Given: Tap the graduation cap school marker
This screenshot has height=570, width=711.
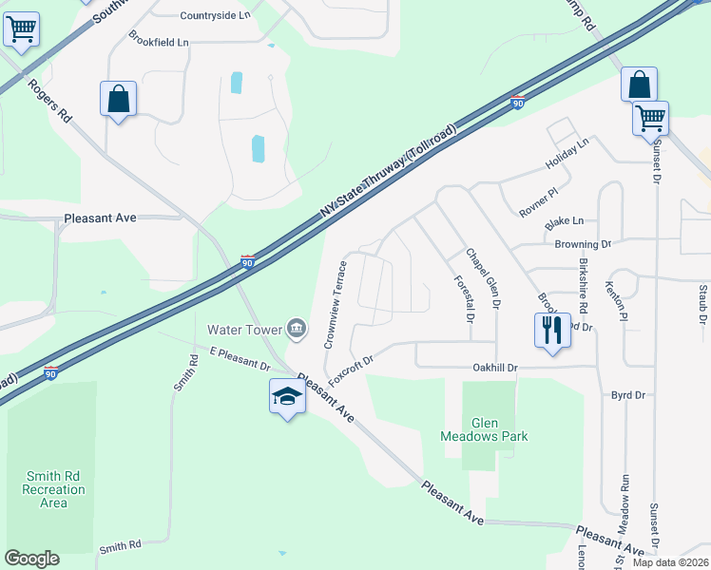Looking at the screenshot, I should tap(286, 396).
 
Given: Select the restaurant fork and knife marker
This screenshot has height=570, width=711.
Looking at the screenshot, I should tap(552, 331).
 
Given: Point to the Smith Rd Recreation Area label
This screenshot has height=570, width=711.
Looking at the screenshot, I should tap(54, 489).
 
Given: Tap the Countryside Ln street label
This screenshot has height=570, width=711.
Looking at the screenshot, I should tap(215, 15).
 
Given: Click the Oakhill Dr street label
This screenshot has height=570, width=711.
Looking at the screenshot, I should tap(494, 368).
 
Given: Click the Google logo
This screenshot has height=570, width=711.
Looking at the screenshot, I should tap(31, 559).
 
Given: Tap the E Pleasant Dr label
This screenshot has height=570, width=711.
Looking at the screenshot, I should tap(240, 358).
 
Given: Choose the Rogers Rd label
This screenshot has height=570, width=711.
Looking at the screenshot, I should tap(49, 101).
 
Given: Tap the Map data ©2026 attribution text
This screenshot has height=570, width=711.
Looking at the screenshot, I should tap(669, 562).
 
